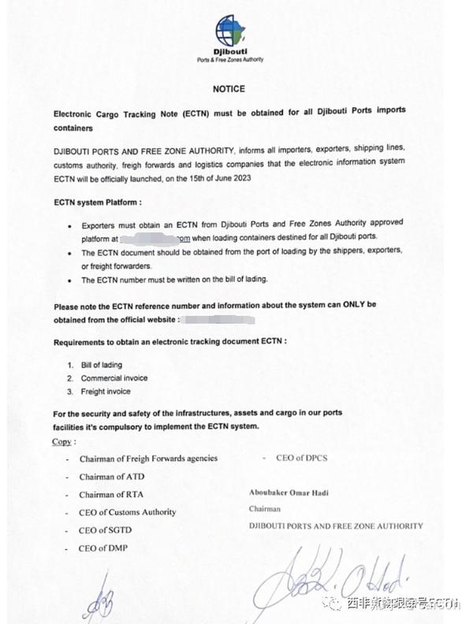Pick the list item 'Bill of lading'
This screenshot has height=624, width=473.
[x=101, y=366]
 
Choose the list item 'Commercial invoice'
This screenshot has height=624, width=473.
[x=114, y=378]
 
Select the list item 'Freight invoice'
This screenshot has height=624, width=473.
[x=106, y=392]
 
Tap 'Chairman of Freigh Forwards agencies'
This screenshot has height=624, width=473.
[x=148, y=458]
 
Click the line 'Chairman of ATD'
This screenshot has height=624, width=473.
[x=111, y=477]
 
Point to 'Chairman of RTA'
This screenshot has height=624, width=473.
[x=111, y=495]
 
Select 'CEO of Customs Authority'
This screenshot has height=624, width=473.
[x=128, y=512]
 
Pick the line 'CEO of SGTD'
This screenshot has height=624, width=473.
[x=106, y=530]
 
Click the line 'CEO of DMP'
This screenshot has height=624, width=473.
[x=103, y=548]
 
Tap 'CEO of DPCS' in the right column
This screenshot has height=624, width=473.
[x=303, y=457]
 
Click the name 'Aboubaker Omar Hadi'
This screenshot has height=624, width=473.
[x=289, y=492]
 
